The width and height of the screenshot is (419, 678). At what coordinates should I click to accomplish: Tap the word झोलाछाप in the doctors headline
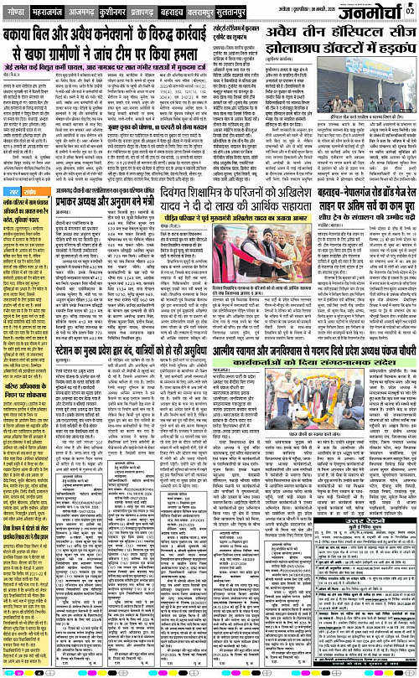[x=308, y=54]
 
